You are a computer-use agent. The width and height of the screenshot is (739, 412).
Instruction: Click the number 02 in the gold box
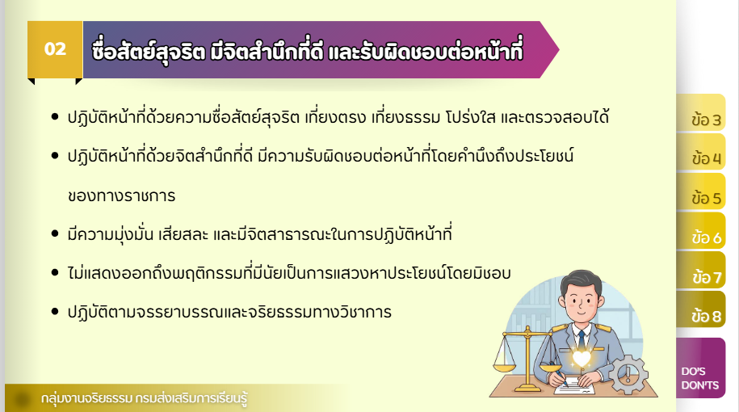55,49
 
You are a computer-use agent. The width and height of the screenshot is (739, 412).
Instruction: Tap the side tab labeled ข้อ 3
701,112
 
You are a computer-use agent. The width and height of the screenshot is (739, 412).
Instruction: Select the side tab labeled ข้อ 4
701,152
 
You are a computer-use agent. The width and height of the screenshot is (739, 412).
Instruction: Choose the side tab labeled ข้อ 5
701,191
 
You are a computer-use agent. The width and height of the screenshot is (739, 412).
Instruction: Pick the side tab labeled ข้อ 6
701,230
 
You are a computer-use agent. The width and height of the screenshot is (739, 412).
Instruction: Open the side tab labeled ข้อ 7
701,270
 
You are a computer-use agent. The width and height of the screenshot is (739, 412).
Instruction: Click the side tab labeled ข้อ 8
701,309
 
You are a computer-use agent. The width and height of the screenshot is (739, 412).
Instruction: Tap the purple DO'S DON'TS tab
701,368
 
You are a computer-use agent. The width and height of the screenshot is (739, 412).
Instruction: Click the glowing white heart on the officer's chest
582,359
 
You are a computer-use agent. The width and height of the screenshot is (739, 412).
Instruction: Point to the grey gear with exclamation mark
628,375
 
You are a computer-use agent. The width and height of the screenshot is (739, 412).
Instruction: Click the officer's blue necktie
582,339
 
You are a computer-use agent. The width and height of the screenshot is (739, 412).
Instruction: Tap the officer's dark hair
581,282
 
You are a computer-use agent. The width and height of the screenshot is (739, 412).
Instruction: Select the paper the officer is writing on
574,385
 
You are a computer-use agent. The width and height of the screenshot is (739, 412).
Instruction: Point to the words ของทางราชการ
122,195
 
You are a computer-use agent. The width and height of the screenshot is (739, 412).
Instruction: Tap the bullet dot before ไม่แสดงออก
55,272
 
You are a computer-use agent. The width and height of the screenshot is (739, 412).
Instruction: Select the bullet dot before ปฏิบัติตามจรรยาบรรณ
55,312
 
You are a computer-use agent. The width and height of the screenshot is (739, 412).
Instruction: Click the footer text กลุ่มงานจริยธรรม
86,398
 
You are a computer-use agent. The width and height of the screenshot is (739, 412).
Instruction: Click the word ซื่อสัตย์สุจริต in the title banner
149,50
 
